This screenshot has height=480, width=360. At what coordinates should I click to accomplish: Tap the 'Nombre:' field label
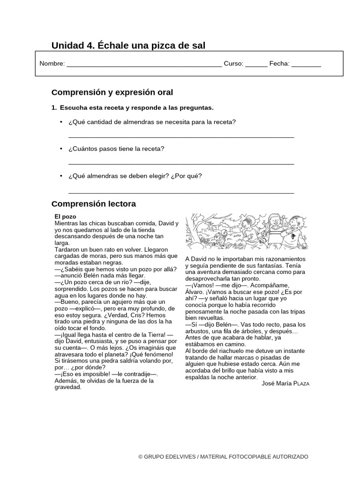(52, 64)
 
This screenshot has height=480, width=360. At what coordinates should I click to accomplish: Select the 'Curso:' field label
(233, 64)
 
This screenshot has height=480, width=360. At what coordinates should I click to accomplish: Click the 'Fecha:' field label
(279, 64)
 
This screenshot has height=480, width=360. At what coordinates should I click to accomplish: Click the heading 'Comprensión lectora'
(93, 204)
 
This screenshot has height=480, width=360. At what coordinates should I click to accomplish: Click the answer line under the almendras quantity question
(181, 137)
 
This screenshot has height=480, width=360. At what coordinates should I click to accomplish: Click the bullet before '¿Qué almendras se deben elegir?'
(61, 176)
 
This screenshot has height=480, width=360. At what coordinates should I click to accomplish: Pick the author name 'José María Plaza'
(285, 383)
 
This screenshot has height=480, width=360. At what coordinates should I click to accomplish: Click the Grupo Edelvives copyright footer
(223, 457)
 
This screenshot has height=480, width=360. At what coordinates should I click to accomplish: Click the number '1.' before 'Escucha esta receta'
(54, 108)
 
